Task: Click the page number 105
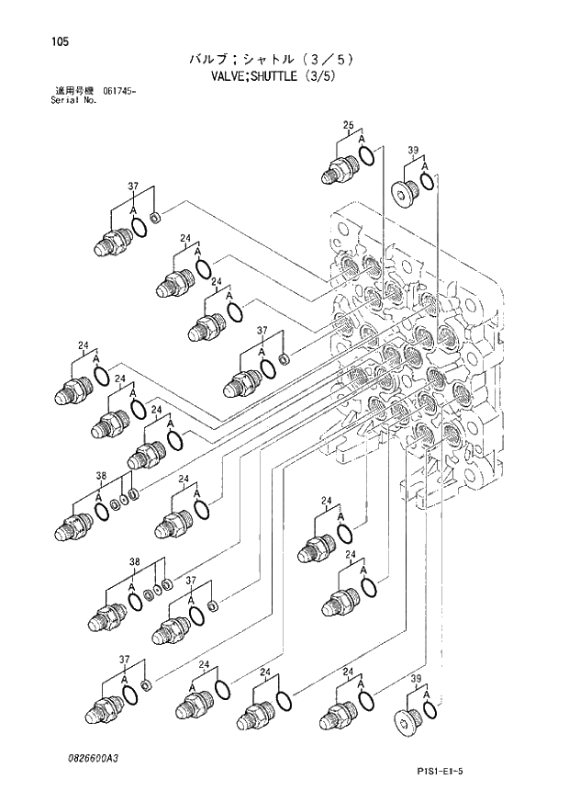coord(36,41)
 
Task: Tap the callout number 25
coord(348,125)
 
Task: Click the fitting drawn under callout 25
coord(340,169)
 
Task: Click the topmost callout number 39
coord(413,151)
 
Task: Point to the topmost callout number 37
coord(133,186)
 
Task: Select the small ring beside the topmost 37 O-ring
coord(154,218)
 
